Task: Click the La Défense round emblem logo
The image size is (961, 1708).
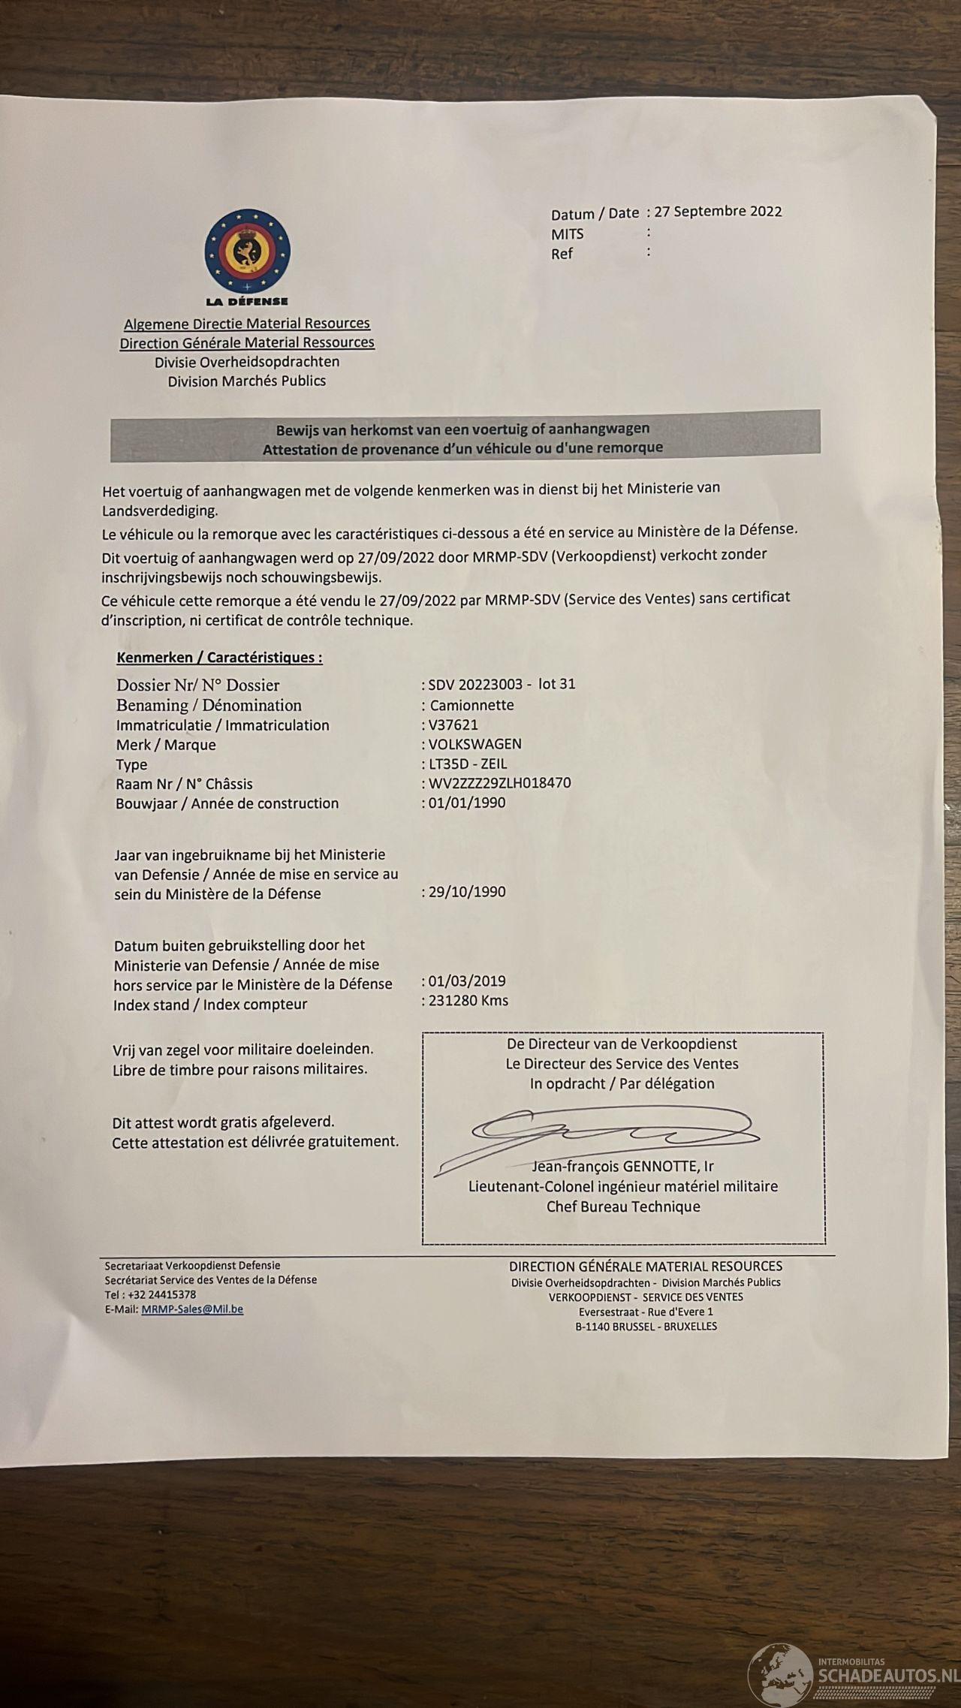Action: (x=247, y=252)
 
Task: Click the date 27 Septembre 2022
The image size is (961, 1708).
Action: (x=718, y=211)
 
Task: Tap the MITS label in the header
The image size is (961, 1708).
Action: (x=567, y=234)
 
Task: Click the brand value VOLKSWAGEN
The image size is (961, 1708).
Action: (x=474, y=744)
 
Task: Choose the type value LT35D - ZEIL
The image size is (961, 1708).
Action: (x=468, y=764)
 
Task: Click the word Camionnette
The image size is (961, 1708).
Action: (x=471, y=705)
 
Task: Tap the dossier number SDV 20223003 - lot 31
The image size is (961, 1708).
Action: (x=502, y=684)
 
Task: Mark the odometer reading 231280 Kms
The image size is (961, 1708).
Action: (x=468, y=1000)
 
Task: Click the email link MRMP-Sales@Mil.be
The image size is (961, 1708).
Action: (x=192, y=1309)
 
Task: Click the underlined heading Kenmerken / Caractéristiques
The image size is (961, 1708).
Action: (x=219, y=657)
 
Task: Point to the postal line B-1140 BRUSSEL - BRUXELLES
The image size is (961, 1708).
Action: (x=646, y=1326)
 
